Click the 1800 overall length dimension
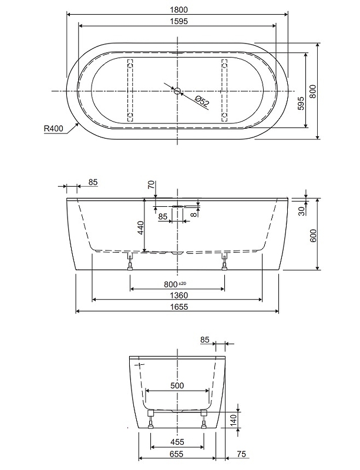(179, 9)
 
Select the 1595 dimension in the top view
(179, 21)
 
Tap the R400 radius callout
(53, 129)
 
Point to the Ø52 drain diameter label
(202, 101)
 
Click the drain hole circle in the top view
(177, 91)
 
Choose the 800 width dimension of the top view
(312, 92)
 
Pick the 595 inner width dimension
(301, 103)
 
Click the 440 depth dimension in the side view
(140, 228)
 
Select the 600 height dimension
(312, 236)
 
